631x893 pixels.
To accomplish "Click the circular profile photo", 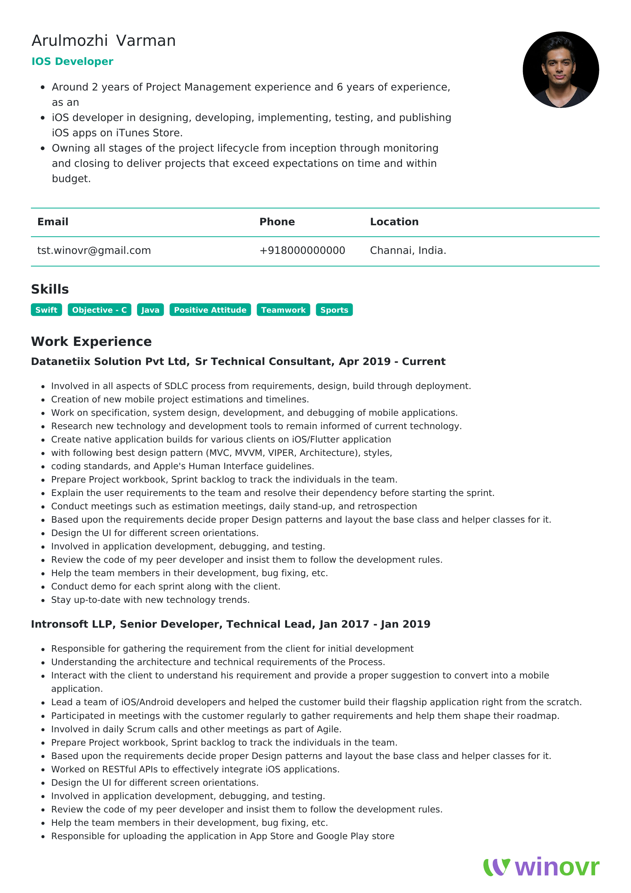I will coord(560,69).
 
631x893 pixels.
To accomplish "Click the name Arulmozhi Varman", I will coord(103,41).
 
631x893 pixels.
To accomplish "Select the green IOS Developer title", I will coord(72,61).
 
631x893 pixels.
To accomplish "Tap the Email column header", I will coord(53,222).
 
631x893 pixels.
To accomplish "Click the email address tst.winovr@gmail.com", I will coord(94,250).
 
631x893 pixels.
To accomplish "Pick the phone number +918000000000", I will coord(302,250).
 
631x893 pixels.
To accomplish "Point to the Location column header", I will coord(394,222).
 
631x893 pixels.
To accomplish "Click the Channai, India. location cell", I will coord(408,250).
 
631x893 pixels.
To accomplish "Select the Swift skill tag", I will coord(46,310).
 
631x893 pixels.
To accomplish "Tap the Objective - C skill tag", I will coord(100,310).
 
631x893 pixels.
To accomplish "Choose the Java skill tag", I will coord(150,310).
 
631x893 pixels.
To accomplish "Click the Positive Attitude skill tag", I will coord(210,310).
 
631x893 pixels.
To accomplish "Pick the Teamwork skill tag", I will coord(283,310).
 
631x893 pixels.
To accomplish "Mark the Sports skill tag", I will coord(334,310).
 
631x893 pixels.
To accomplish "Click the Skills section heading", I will coord(50,289).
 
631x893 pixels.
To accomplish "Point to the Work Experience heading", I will coord(91,341).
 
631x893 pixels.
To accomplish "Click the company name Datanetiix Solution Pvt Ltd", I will coord(110,362).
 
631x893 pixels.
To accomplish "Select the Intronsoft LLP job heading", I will coord(231,624).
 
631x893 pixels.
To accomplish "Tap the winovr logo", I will coord(541,868).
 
